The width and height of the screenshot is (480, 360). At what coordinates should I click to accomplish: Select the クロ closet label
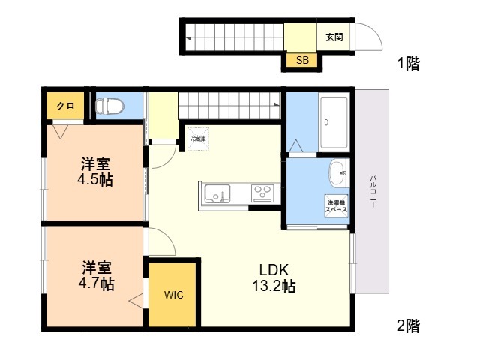[65, 106]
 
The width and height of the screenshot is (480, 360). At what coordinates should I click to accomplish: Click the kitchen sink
[217, 193]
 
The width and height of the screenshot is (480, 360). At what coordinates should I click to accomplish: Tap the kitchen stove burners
[262, 193]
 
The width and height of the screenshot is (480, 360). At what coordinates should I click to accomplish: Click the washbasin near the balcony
[337, 172]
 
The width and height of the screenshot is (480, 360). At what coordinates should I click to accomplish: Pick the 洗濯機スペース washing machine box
[336, 205]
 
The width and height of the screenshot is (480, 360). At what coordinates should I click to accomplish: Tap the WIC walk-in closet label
[173, 295]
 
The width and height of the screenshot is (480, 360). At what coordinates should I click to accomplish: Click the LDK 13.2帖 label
[277, 278]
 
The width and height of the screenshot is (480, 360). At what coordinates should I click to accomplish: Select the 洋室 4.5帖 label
[97, 172]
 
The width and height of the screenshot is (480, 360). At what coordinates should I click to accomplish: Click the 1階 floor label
[408, 64]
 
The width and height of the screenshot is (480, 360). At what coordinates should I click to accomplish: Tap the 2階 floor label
[408, 325]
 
